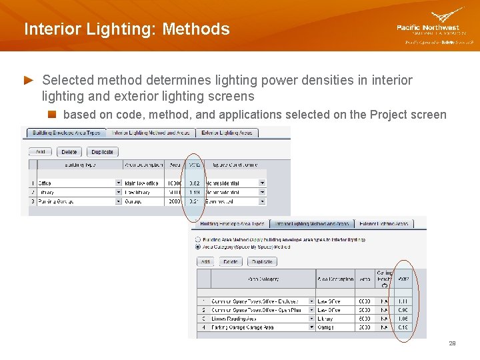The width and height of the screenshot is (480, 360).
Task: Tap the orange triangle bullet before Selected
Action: point(29,80)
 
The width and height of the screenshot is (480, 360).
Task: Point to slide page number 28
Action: point(452,343)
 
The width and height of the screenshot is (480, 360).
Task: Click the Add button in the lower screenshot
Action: point(205,262)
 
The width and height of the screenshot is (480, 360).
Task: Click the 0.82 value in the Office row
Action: point(194,183)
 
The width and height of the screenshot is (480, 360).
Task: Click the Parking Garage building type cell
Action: point(57,201)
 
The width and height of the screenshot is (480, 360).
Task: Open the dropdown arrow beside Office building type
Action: point(119,183)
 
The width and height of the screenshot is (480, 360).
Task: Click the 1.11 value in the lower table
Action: point(403,301)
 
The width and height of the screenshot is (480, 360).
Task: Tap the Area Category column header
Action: point(263,279)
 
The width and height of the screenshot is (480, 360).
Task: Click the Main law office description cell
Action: point(143,183)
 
